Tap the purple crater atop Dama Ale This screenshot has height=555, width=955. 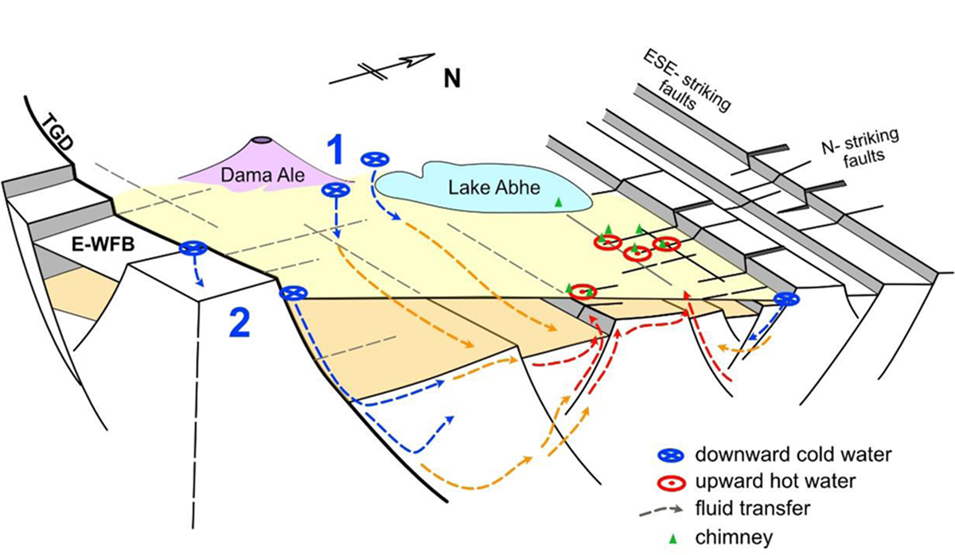(262, 142)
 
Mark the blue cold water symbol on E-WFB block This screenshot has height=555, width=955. (191, 250)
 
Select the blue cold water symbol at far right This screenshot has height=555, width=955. (786, 299)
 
